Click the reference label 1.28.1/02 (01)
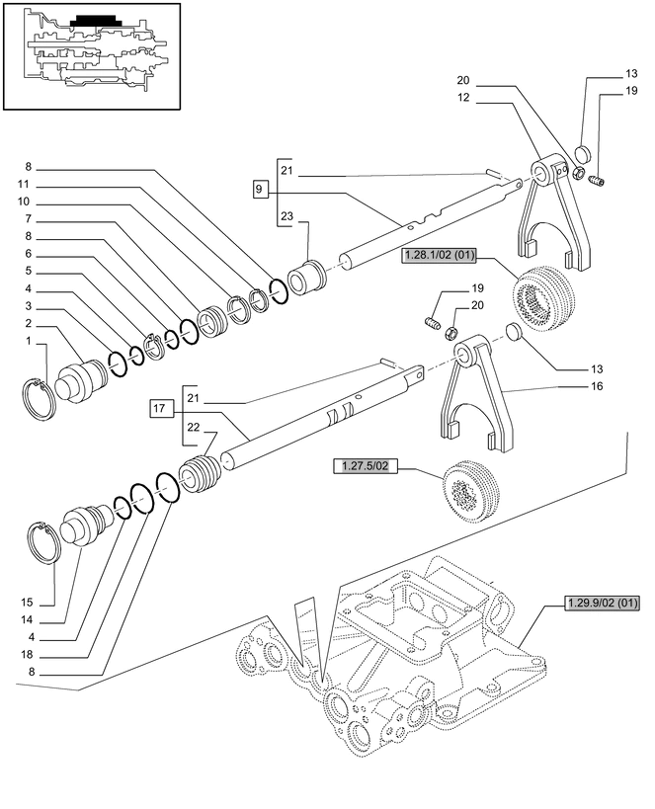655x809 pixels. [440, 257]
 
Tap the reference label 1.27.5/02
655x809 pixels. [367, 466]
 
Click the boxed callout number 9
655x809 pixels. [260, 189]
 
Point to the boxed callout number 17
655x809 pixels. [161, 407]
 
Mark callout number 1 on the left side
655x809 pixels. [29, 341]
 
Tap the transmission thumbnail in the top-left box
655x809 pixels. [93, 54]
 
